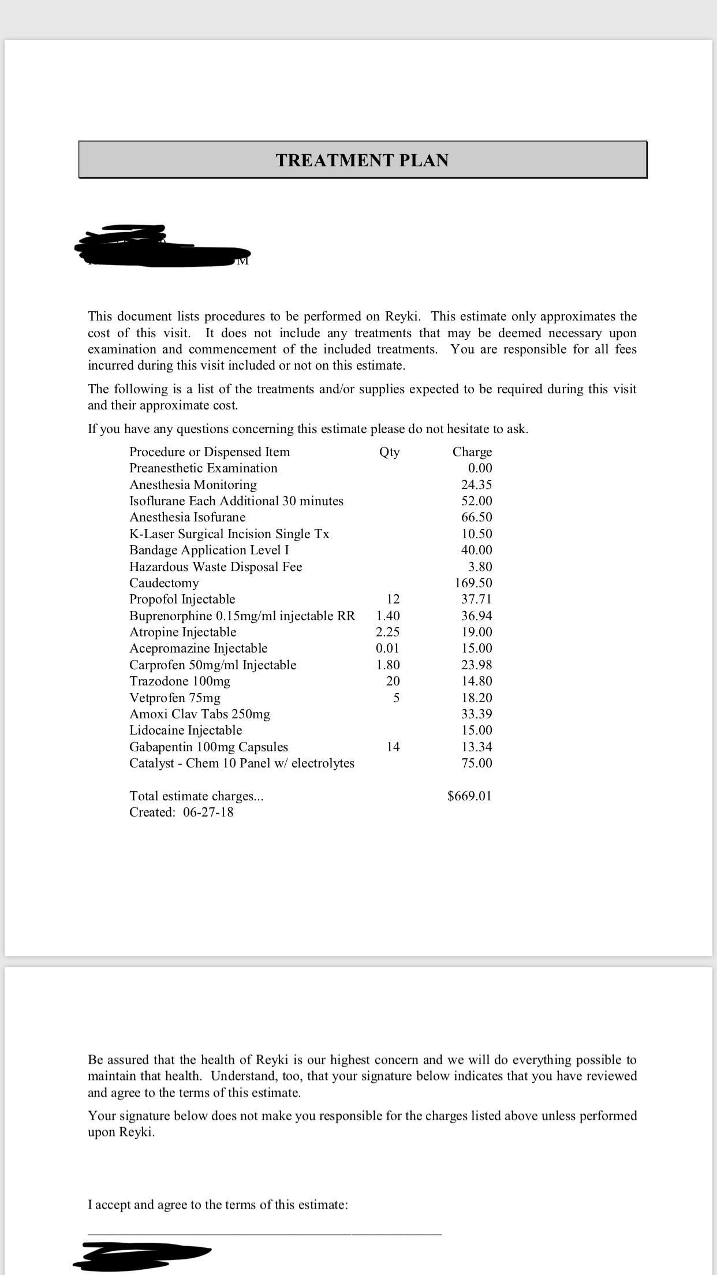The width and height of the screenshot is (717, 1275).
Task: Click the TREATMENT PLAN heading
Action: coord(362,160)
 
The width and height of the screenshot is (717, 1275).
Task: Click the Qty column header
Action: coord(389,452)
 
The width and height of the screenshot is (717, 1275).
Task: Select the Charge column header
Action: coord(472,452)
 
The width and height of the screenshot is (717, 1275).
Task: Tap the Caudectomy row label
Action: coord(164,583)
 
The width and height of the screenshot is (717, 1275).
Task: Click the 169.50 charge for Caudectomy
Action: coord(473,583)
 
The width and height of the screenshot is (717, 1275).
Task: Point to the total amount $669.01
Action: coord(469,796)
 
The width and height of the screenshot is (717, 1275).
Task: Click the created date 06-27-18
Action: coord(208,812)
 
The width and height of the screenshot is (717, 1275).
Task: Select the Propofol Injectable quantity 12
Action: coord(393,599)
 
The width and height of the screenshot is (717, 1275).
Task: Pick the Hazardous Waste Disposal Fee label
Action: coord(215,566)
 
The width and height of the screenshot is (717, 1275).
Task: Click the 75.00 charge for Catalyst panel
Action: coord(477,763)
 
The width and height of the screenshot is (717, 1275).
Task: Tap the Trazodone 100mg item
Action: coord(180,681)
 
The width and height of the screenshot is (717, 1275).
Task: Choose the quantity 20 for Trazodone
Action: coord(393,681)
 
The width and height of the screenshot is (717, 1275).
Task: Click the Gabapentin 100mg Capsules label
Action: coord(208,747)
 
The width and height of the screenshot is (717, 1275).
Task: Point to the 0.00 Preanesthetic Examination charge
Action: coord(480,468)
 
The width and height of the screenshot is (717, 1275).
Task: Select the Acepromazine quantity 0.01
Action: coord(387,648)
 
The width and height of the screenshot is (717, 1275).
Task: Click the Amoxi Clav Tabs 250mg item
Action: coord(199,714)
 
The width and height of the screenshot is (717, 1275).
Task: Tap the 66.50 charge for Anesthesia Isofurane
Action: coord(477,517)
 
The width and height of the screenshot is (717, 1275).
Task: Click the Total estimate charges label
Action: coord(196,796)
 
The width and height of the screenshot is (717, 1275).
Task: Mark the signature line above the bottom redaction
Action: coord(264,1234)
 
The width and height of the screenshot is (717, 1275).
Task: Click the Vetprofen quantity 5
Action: coord(396,698)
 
